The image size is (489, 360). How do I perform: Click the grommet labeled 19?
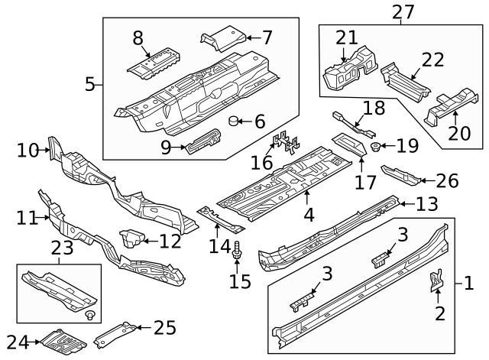tap(376, 146)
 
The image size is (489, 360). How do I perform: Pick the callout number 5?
tap(89, 83)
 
